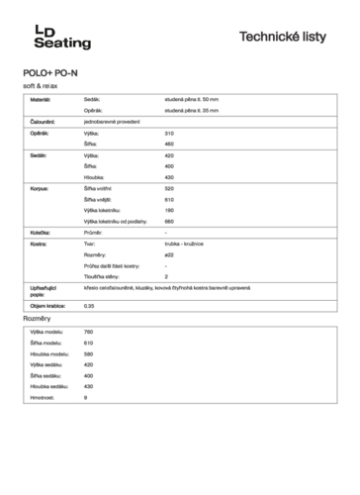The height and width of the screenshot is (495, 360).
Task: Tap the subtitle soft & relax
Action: point(43,87)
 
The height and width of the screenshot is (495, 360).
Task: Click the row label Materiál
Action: point(40,101)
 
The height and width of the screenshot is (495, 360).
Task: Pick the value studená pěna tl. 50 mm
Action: point(198,101)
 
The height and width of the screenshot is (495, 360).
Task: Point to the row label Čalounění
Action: point(43,121)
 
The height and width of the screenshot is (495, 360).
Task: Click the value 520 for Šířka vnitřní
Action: point(169,188)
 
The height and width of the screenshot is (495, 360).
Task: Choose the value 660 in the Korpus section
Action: point(169,220)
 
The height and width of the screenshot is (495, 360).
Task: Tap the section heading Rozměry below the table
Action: point(37,319)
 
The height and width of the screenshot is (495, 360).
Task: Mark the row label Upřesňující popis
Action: point(43,289)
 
